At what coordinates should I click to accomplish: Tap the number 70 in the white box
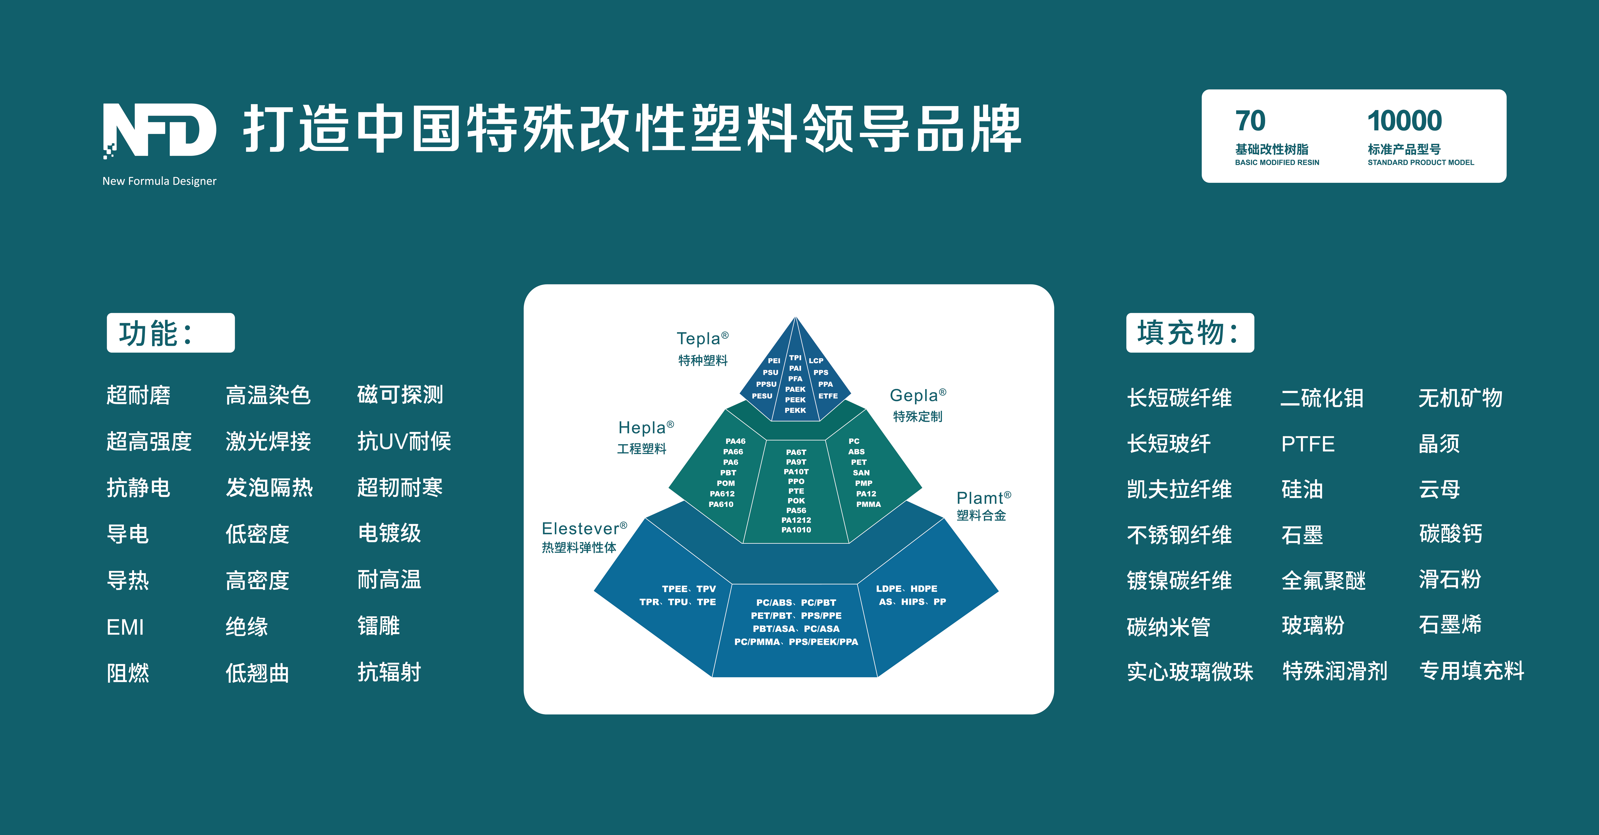point(1249,121)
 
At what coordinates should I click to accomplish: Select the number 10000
point(1404,121)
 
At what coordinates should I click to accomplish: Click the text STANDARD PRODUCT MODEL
point(1420,163)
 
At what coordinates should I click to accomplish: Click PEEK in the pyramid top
point(795,400)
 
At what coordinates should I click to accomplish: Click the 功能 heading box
point(171,333)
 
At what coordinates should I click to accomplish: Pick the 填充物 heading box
point(1189,333)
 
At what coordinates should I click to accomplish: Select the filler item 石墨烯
point(1450,625)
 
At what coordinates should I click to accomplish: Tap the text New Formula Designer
point(159,181)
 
